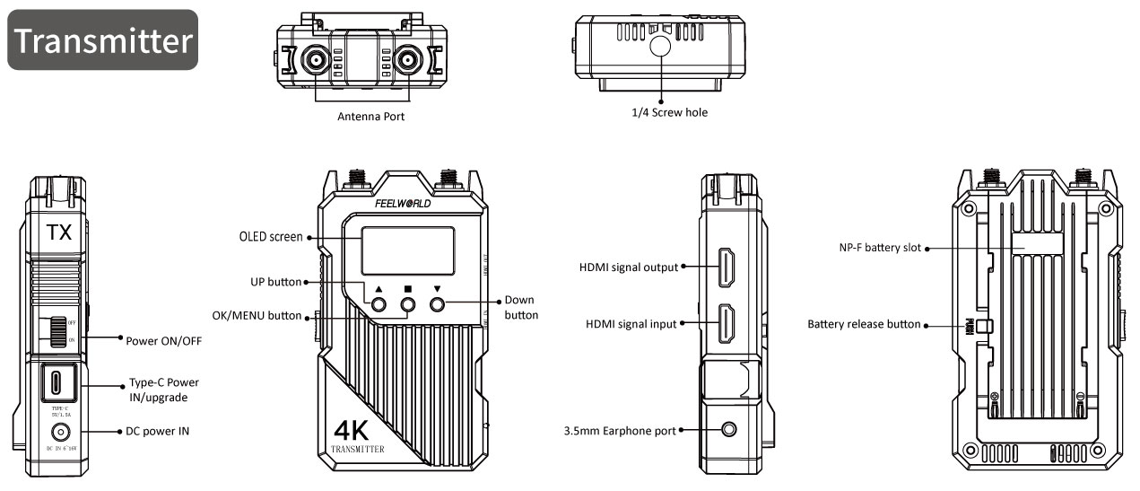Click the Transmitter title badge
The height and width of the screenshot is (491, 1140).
(x=103, y=40)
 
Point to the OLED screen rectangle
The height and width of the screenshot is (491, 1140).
(x=408, y=250)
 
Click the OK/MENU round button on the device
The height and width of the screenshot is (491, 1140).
(x=408, y=305)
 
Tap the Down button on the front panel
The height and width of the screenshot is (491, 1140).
(x=438, y=305)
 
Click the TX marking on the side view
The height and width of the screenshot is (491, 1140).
(x=59, y=233)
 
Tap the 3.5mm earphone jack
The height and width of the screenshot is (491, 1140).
(x=729, y=431)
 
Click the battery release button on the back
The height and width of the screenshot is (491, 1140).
(x=981, y=325)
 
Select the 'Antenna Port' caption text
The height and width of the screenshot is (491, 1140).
(x=370, y=117)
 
